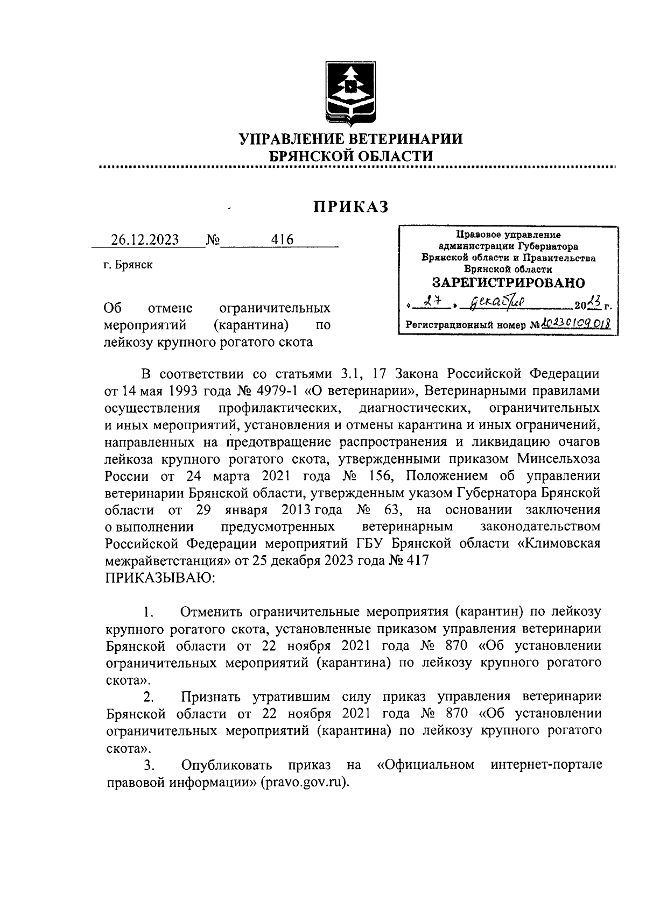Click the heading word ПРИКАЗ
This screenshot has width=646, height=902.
coord(351,207)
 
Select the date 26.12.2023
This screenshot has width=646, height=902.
coord(145,240)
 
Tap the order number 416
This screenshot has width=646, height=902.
coord(283,240)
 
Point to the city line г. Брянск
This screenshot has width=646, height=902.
coord(128,265)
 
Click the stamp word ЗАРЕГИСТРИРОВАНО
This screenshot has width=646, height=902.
coord(509,282)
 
